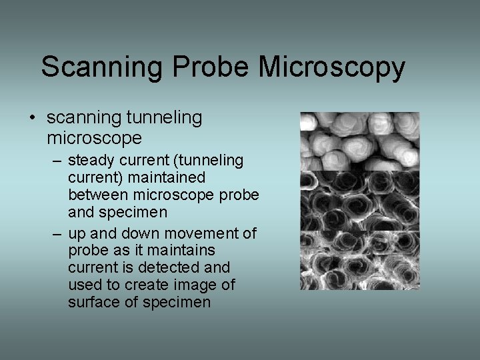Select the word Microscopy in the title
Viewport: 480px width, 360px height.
[x=331, y=68]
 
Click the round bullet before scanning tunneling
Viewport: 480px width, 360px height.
[x=32, y=119]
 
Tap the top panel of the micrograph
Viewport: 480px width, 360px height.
[x=359, y=141]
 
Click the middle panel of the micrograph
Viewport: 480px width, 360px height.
[x=359, y=201]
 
